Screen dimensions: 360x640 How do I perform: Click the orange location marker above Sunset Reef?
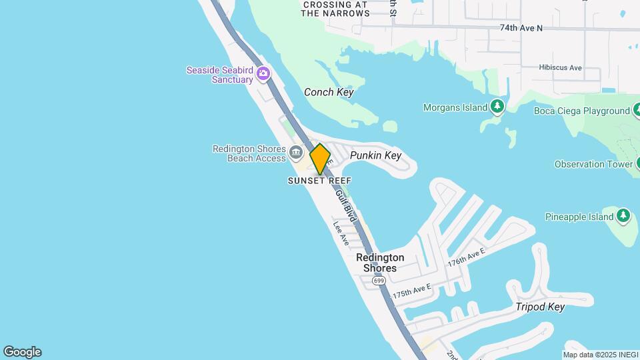tap(321, 159)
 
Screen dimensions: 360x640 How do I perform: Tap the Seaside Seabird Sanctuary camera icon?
tap(263, 73)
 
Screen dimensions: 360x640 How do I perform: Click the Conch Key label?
tap(329, 93)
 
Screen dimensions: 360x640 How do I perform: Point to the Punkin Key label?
tap(375, 155)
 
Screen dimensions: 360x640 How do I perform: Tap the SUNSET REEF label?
tap(319, 181)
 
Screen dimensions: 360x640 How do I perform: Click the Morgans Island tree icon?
tap(497, 107)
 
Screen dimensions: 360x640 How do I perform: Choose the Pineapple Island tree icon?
tap(623, 215)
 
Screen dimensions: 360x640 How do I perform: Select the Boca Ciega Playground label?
tap(582, 111)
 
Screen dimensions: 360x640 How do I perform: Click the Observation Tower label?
tap(593, 164)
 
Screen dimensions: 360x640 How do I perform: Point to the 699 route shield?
tap(379, 281)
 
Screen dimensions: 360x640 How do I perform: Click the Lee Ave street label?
tap(341, 234)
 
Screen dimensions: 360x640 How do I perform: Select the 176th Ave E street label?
tap(466, 257)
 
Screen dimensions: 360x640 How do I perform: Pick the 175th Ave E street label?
tap(412, 291)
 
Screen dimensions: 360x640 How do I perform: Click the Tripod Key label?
tap(540, 307)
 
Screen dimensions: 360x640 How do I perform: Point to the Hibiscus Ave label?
tap(561, 68)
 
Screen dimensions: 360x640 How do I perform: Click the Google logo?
tap(22, 352)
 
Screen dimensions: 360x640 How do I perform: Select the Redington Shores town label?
tap(380, 263)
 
